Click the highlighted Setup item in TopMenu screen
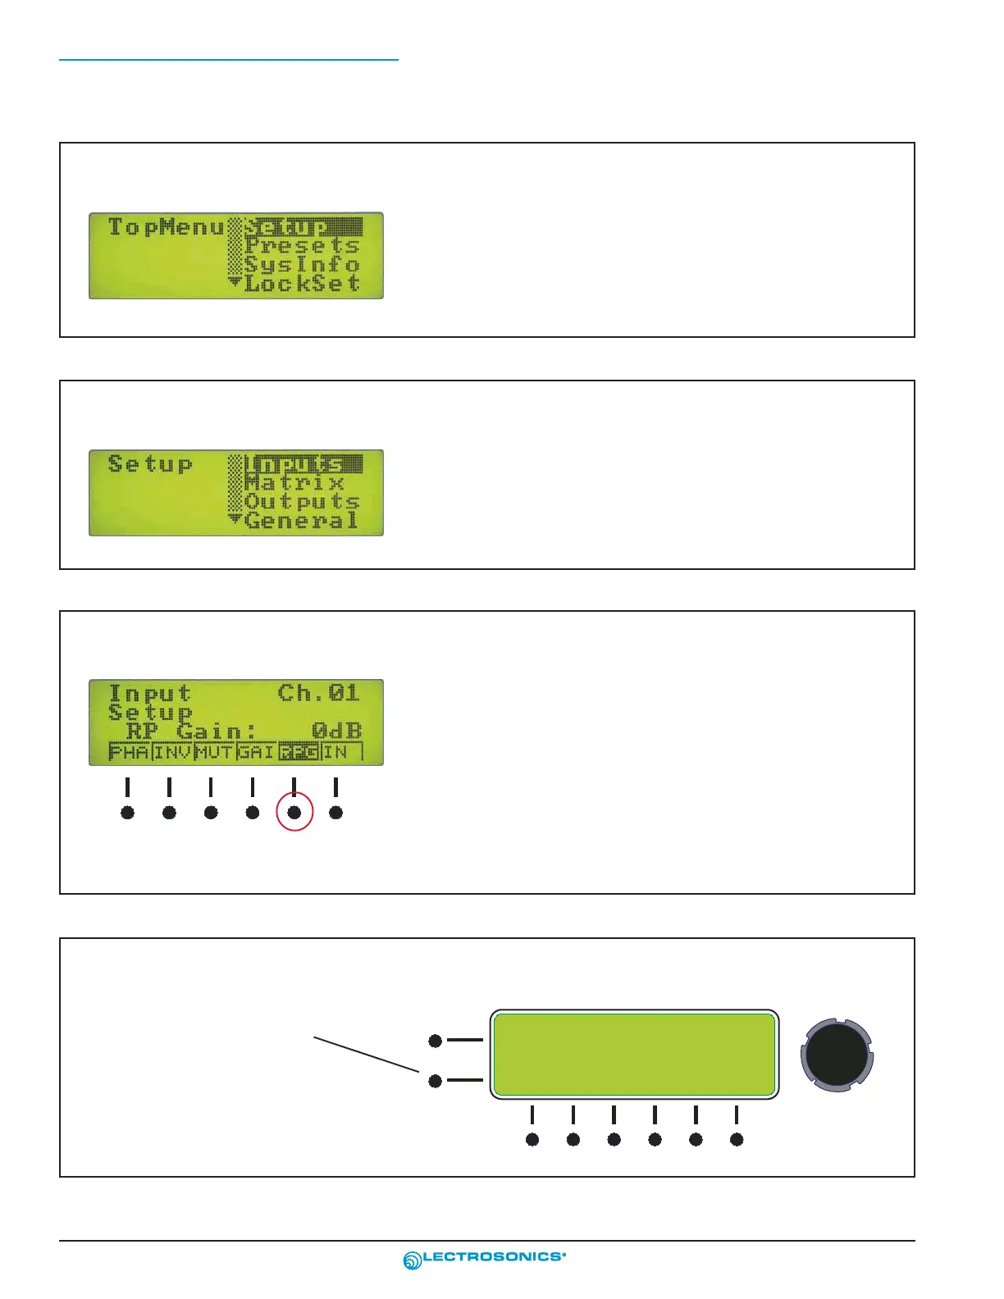[302, 226]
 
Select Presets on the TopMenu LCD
[302, 245]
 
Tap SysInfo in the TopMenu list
[302, 265]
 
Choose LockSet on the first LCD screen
[302, 284]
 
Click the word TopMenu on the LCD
[167, 226]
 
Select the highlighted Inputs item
[302, 464]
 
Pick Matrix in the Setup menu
[294, 483]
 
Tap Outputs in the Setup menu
[302, 502]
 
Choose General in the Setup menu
[301, 521]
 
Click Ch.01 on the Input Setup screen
[319, 693]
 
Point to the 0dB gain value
[336, 731]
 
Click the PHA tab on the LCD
[130, 752]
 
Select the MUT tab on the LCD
[215, 752]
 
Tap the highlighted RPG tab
[299, 752]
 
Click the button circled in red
[294, 813]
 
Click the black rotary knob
[837, 1054]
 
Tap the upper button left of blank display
[436, 1041]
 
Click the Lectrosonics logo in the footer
[485, 1259]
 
